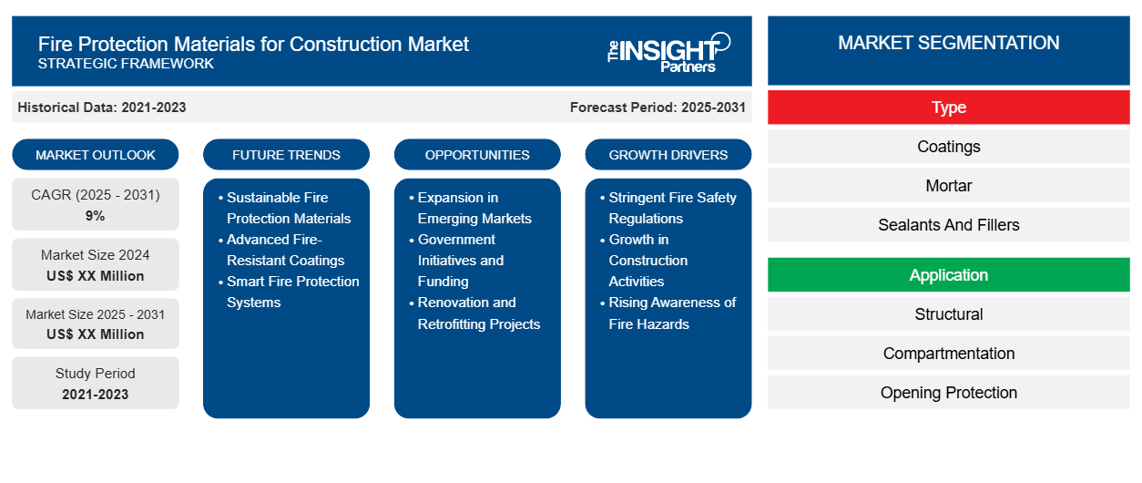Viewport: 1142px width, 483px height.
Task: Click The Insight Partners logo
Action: click(x=668, y=52)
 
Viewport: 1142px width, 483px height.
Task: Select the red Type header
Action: click(x=948, y=108)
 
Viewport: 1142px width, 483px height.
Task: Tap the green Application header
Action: click(x=948, y=275)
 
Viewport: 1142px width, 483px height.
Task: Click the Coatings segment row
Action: click(x=948, y=147)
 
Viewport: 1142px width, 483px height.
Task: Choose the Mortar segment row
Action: click(x=948, y=186)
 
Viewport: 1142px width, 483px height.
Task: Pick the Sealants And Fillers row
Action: click(x=948, y=225)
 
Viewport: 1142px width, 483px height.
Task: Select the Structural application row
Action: click(x=948, y=314)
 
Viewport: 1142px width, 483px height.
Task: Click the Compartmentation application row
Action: click(x=948, y=354)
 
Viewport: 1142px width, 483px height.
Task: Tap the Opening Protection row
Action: click(x=948, y=393)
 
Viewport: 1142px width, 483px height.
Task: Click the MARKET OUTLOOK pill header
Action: click(x=96, y=155)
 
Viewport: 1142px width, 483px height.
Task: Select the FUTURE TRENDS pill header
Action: click(x=286, y=155)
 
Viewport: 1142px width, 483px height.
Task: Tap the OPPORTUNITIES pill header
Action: click(x=477, y=155)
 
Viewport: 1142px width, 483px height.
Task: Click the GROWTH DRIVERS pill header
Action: click(x=668, y=155)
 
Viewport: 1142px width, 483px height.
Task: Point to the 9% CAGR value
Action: click(x=96, y=216)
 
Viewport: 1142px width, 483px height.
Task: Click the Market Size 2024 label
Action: click(x=96, y=255)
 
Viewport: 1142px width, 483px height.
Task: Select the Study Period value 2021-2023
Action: click(x=96, y=395)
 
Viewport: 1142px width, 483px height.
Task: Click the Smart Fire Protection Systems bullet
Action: click(x=292, y=292)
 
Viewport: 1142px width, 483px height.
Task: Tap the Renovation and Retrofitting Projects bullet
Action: click(x=478, y=313)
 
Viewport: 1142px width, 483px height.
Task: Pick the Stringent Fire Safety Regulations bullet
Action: click(x=672, y=208)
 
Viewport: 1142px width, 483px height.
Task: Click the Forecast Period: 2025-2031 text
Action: click(x=658, y=108)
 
